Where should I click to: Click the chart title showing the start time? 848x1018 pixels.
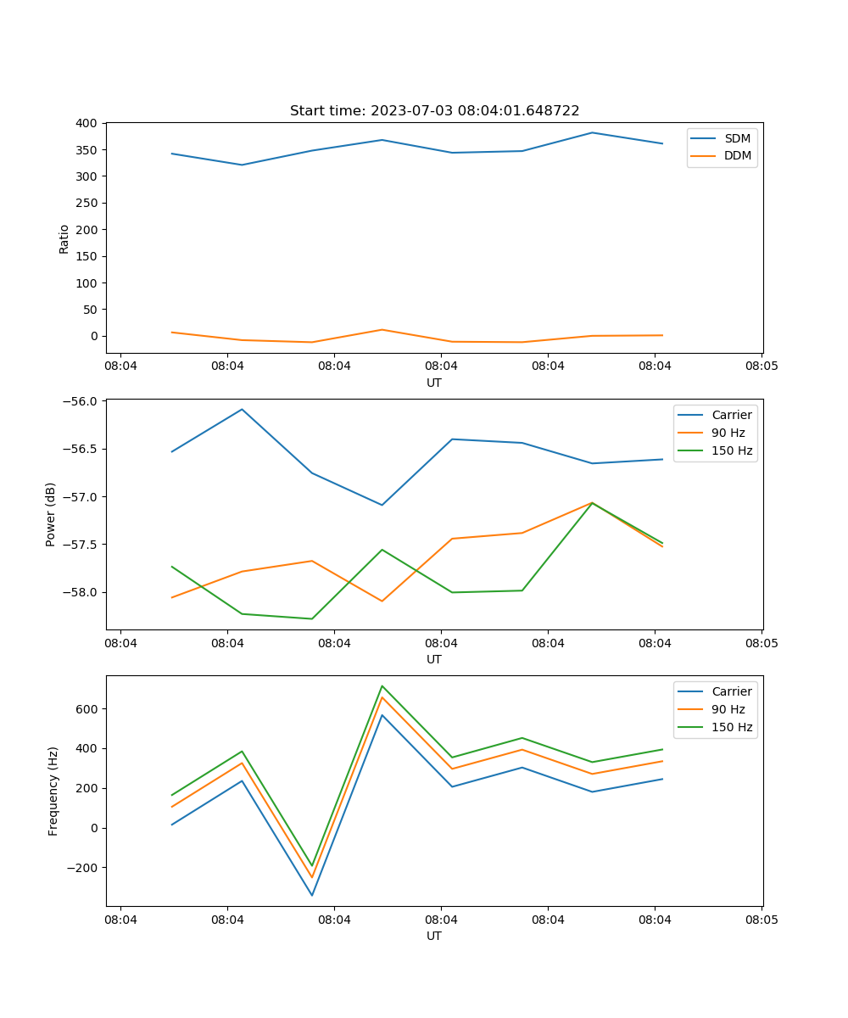(434, 111)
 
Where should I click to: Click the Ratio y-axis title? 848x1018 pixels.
(64, 238)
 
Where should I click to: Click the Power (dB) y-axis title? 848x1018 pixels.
(51, 514)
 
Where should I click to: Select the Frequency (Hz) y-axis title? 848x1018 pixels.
(53, 791)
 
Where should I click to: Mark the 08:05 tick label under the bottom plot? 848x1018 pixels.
(761, 919)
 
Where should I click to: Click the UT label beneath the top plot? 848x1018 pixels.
(434, 383)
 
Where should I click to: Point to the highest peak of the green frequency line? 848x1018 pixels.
(382, 685)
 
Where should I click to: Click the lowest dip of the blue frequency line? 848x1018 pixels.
(312, 895)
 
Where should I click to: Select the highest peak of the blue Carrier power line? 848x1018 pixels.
(242, 409)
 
